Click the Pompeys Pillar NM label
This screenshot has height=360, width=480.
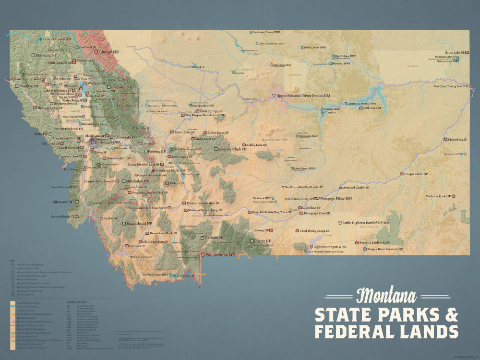pos(336,198)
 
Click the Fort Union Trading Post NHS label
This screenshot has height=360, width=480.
pos(450,86)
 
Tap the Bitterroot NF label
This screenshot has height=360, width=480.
pos(62,202)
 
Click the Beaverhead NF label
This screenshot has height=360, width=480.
pos(139,224)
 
